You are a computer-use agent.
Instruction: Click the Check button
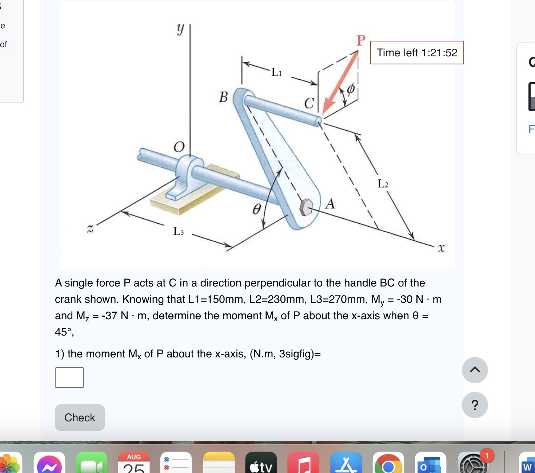(x=80, y=417)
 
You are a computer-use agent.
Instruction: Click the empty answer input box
(x=69, y=377)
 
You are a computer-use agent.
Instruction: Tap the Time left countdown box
(x=417, y=53)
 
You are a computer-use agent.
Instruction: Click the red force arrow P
(x=340, y=82)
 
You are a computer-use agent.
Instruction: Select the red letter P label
(x=360, y=40)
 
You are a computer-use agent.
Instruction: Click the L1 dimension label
(x=276, y=72)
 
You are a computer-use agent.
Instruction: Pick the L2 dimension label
(x=383, y=184)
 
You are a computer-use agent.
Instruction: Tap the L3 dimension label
(x=178, y=231)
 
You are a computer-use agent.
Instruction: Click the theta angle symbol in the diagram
(x=257, y=209)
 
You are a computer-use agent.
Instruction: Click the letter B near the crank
(x=223, y=97)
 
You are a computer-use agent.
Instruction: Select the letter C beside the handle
(x=309, y=103)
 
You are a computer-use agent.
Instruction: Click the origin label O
(x=179, y=147)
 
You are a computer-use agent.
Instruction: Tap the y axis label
(x=180, y=29)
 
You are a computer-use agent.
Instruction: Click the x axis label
(x=441, y=248)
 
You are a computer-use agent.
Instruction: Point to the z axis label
(x=90, y=228)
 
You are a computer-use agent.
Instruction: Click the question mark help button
(x=475, y=405)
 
